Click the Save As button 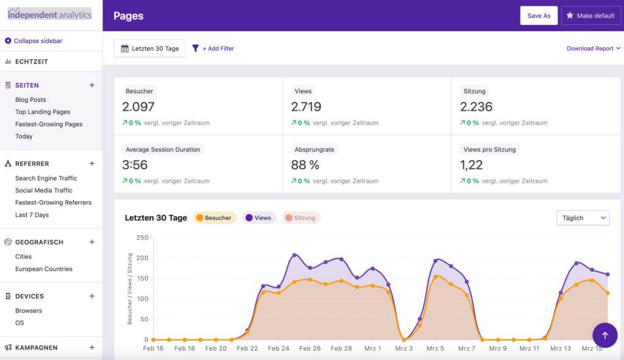coord(539,16)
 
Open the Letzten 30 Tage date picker coord(149,48)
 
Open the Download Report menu coord(593,48)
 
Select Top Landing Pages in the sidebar coord(43,112)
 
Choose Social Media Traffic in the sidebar coord(43,191)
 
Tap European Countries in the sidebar coord(43,269)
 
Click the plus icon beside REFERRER coord(92,163)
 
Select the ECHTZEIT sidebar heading coord(31,62)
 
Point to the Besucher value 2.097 coord(138,107)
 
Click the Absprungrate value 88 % coord(305,165)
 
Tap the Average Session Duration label coord(163,149)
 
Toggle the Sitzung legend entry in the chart coord(301,217)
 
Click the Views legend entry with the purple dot coord(259,217)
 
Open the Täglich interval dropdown coord(583,217)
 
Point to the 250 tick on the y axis coord(142,238)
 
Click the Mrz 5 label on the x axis coord(434,348)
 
